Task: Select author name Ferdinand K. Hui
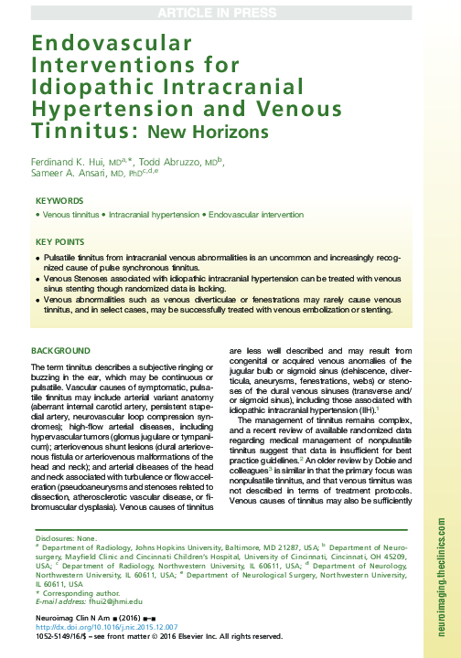(65, 162)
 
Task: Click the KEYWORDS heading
(59, 201)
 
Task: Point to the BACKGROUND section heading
(60, 351)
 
